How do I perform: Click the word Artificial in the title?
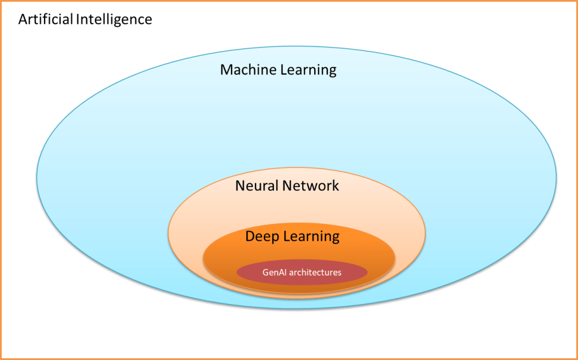click(46, 19)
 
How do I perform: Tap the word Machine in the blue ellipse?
click(245, 70)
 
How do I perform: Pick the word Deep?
click(262, 236)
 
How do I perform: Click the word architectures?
click(315, 272)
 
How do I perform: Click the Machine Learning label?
click(278, 70)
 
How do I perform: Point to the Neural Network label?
click(287, 185)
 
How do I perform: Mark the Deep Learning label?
click(292, 236)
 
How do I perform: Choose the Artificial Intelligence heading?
click(85, 19)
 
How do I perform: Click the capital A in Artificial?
click(23, 19)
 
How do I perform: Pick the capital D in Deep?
click(250, 236)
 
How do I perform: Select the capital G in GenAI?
click(266, 272)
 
